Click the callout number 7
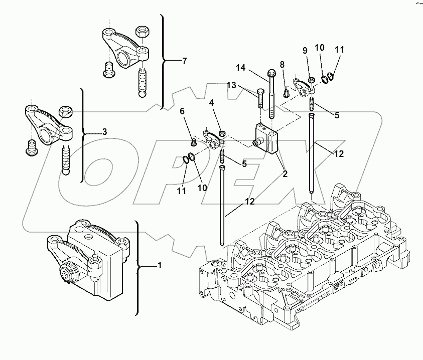pos(184,61)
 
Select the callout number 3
pos(104,132)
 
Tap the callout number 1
pos(160,265)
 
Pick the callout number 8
pos(282,64)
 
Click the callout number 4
pos(212,103)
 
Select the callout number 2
pos(285,174)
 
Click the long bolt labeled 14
pos(271,93)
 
